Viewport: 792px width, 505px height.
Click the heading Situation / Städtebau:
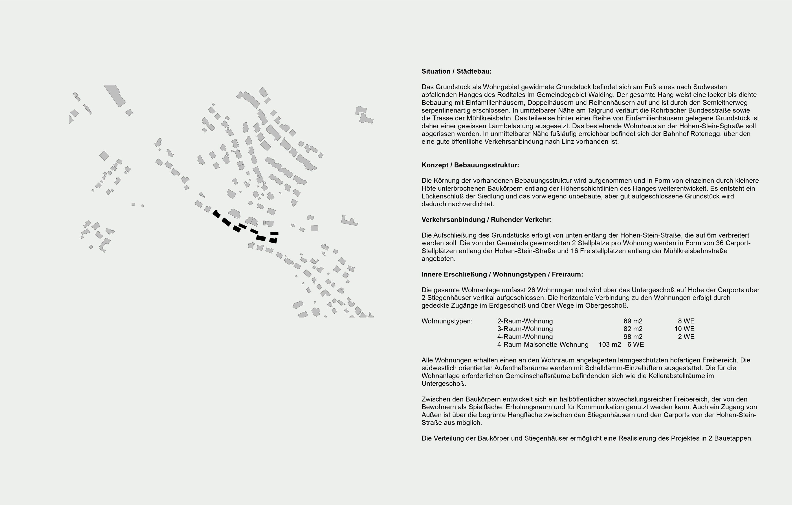pyautogui.click(x=456, y=71)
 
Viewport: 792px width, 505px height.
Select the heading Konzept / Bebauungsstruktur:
pyautogui.click(x=470, y=165)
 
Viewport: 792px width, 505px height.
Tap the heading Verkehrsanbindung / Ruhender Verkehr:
pyautogui.click(x=486, y=220)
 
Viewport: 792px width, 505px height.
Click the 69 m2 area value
pyautogui.click(x=632, y=321)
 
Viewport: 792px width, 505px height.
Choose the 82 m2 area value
pyautogui.click(x=632, y=329)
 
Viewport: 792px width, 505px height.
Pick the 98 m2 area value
pyautogui.click(x=632, y=337)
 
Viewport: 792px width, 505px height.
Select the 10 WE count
pyautogui.click(x=684, y=329)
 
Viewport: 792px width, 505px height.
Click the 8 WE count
pyautogui.click(x=686, y=321)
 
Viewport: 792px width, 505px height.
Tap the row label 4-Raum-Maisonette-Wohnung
pyautogui.click(x=543, y=345)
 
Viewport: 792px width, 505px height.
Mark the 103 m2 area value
pyautogui.click(x=609, y=345)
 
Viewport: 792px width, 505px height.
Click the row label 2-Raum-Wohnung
pyautogui.click(x=525, y=321)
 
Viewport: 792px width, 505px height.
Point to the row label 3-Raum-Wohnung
pyautogui.click(x=525, y=329)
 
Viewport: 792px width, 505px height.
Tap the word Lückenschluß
pyautogui.click(x=442, y=196)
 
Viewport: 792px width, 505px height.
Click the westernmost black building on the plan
pyautogui.click(x=216, y=214)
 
